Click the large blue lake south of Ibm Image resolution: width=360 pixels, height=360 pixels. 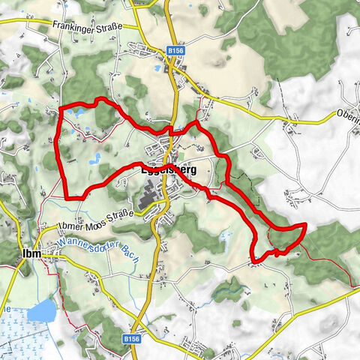click(41, 310)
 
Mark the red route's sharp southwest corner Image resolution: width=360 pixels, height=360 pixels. click(67, 197)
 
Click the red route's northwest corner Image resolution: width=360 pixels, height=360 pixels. click(60, 109)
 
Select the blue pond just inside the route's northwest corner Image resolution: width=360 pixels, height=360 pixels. click(75, 112)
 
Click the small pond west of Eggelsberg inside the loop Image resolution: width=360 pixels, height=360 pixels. click(97, 158)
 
